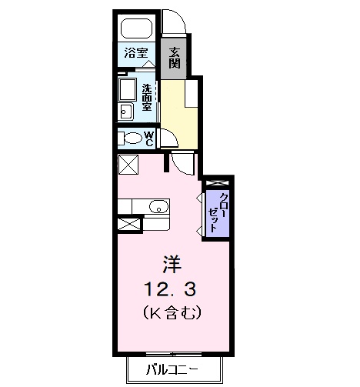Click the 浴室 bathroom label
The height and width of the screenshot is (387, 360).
pyautogui.click(x=137, y=54)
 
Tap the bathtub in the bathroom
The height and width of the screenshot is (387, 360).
pyautogui.click(x=138, y=30)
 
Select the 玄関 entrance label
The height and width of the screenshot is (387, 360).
pyautogui.click(x=175, y=58)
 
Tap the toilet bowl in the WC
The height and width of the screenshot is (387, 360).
pyautogui.click(x=130, y=139)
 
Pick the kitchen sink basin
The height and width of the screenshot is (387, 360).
pyautogui.click(x=158, y=205)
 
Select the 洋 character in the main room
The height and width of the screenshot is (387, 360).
pyautogui.click(x=171, y=265)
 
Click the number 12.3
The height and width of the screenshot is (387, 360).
pyautogui.click(x=170, y=289)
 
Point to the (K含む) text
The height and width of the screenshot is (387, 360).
pyautogui.click(x=170, y=314)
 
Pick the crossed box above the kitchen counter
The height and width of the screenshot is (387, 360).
pyautogui.click(x=127, y=164)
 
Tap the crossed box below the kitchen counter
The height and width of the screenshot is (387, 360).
pyautogui.click(x=128, y=225)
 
